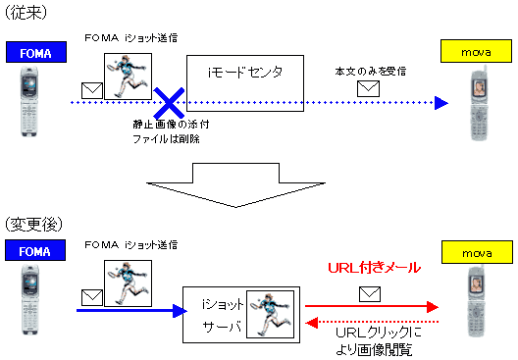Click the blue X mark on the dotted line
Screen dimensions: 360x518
171,101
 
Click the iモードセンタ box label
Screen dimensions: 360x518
243,72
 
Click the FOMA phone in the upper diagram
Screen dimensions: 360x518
28,101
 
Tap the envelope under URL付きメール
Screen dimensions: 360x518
369,292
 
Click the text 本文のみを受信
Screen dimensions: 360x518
369,71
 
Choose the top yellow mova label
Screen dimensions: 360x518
472,48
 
